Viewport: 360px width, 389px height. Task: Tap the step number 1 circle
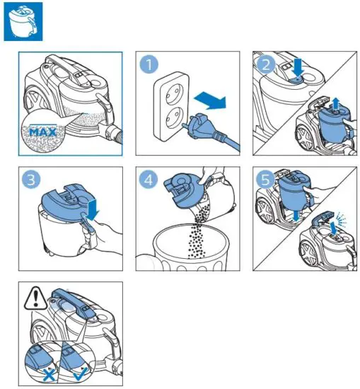(x=149, y=66)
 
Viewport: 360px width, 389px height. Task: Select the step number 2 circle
(x=266, y=65)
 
